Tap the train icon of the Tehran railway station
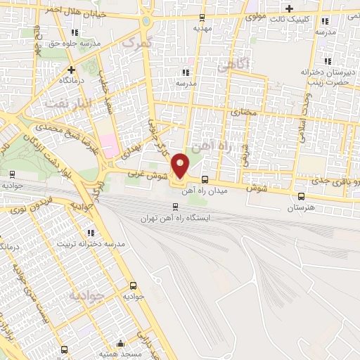pyautogui.click(x=176, y=206)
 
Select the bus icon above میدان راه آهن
pyautogui.click(x=205, y=179)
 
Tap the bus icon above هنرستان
pyautogui.click(x=302, y=197)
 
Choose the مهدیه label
pyautogui.click(x=202, y=29)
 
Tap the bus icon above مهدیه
pyautogui.click(x=202, y=18)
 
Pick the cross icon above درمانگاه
pyautogui.click(x=71, y=70)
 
